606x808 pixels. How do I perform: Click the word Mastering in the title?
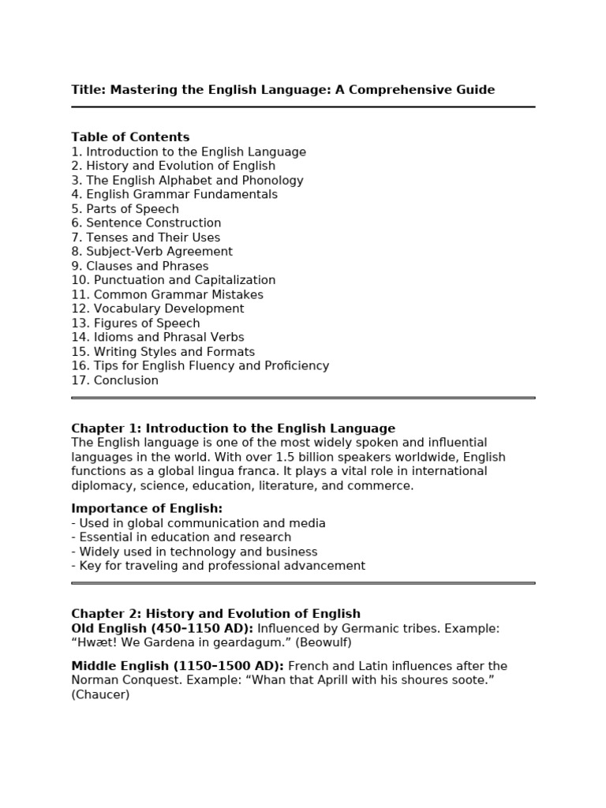point(142,90)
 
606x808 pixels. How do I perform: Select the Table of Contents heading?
point(130,137)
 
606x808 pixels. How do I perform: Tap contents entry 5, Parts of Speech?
point(125,209)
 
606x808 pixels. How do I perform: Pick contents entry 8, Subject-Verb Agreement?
point(151,252)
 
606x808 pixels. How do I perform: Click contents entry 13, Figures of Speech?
point(136,324)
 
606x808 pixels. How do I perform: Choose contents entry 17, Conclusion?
point(115,380)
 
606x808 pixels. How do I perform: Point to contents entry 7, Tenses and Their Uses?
point(146,238)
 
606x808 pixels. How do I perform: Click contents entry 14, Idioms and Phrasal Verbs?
point(158,338)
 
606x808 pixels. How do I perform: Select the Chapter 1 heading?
point(233,428)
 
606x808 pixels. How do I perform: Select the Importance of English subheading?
point(147,509)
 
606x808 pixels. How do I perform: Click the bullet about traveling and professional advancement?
point(219,566)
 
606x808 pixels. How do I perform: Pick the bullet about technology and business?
point(195,552)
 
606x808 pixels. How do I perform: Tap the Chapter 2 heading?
point(215,614)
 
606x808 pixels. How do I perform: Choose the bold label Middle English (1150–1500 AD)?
point(178,666)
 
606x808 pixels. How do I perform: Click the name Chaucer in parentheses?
point(100,695)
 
